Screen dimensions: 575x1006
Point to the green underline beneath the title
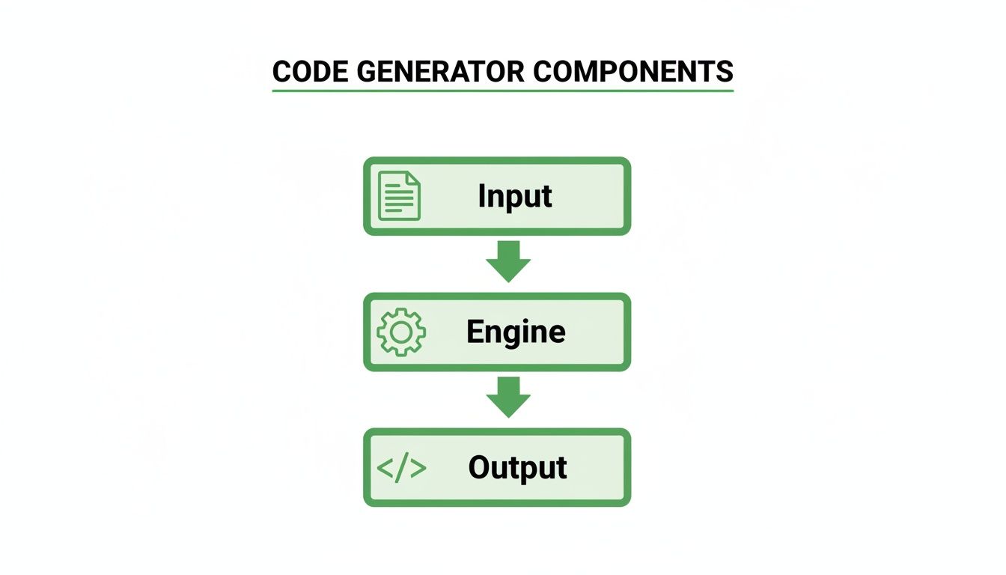click(502, 91)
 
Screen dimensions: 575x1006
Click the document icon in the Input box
click(399, 196)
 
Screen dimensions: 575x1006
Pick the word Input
click(515, 196)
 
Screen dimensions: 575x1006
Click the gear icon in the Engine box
click(401, 332)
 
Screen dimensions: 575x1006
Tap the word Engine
click(516, 332)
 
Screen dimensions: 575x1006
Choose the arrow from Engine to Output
click(508, 397)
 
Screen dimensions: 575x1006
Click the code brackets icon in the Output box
click(401, 468)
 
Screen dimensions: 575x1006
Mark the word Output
click(517, 468)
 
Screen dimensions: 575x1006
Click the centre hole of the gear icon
click(401, 332)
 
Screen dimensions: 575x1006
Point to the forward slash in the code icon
click(402, 468)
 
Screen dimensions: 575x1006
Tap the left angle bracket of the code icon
click(385, 468)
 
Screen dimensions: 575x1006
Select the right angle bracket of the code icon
click(418, 468)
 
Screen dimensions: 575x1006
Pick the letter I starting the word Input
click(481, 195)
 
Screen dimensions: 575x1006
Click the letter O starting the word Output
click(480, 468)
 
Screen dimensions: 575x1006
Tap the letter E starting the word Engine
click(475, 332)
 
